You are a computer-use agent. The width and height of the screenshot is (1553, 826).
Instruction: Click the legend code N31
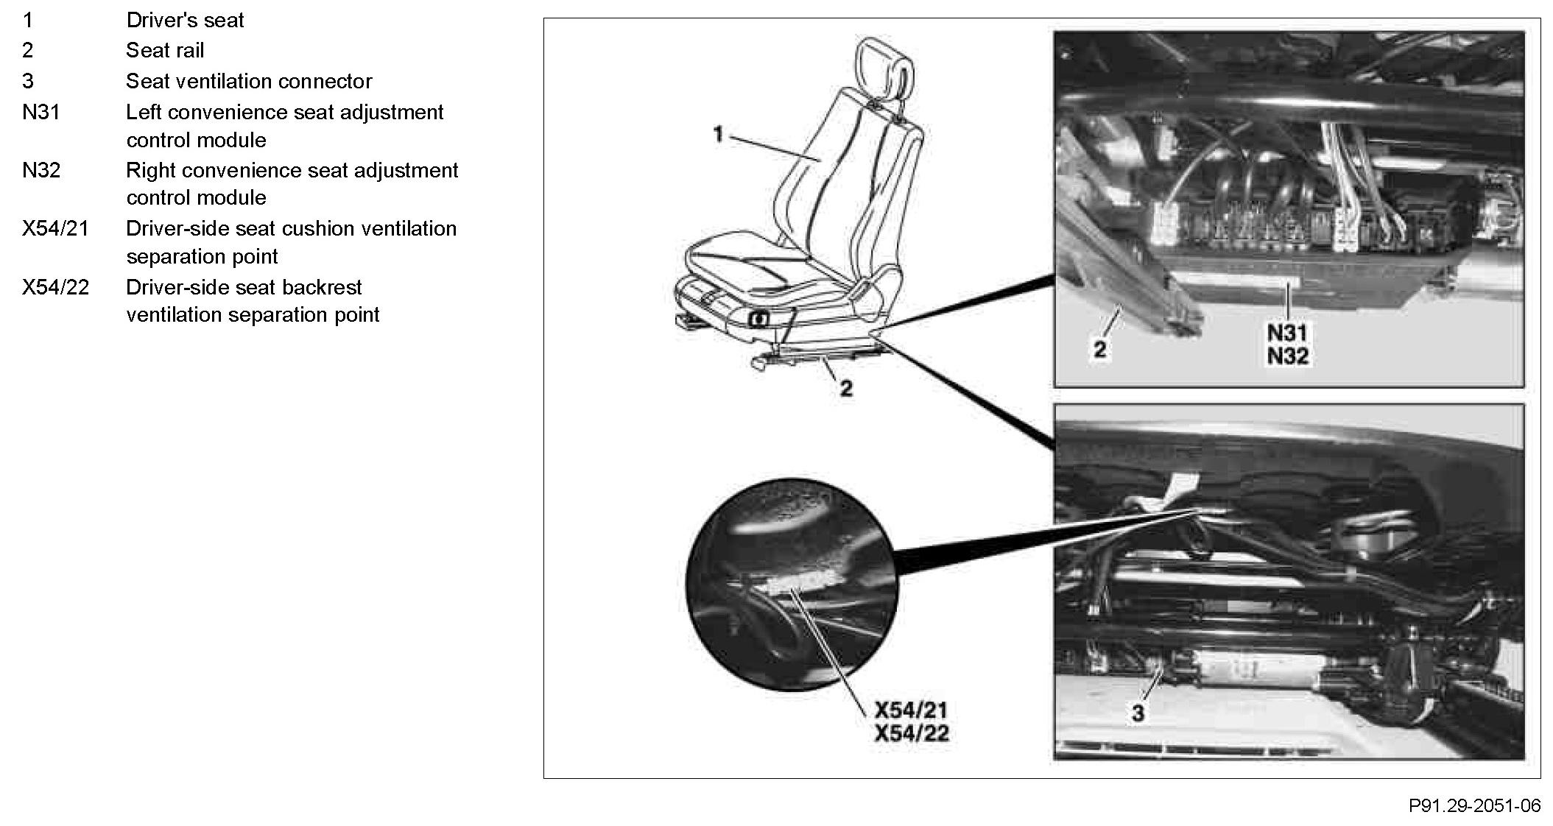[41, 112]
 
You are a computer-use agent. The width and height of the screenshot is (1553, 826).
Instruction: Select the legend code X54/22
[55, 287]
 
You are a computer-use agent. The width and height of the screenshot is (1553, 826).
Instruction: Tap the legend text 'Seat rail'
[165, 50]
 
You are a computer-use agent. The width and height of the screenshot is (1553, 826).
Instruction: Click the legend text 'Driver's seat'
[185, 20]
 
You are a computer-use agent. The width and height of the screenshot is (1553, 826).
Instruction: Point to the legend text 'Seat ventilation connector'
[249, 81]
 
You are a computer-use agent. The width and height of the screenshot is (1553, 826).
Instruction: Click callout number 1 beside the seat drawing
[718, 135]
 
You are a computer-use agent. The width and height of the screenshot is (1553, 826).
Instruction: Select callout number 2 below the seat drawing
[846, 388]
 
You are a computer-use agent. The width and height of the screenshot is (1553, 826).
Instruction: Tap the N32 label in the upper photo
[1287, 356]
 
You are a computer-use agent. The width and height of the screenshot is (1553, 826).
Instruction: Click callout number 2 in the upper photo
[1099, 349]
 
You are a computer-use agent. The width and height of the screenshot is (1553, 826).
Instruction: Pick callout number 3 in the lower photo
[1138, 713]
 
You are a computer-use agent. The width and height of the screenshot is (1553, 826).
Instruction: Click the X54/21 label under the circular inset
[911, 710]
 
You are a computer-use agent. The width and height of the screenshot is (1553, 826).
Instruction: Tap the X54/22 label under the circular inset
[911, 733]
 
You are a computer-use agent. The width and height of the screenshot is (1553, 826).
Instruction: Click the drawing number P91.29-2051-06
[1474, 805]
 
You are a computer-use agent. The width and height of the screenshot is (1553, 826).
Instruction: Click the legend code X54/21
[55, 228]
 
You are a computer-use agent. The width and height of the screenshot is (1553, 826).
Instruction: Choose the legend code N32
[41, 170]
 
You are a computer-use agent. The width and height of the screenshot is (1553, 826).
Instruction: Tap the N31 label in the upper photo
[1287, 333]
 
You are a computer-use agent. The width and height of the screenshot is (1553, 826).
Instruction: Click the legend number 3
[28, 81]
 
